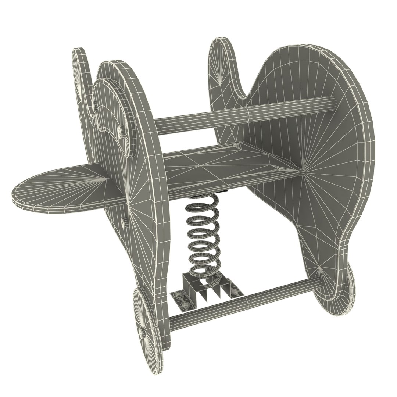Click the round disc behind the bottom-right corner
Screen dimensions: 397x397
[x=347, y=290]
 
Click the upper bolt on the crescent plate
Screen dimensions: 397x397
[x=120, y=130]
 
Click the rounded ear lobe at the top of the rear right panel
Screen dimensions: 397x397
[x=222, y=62]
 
